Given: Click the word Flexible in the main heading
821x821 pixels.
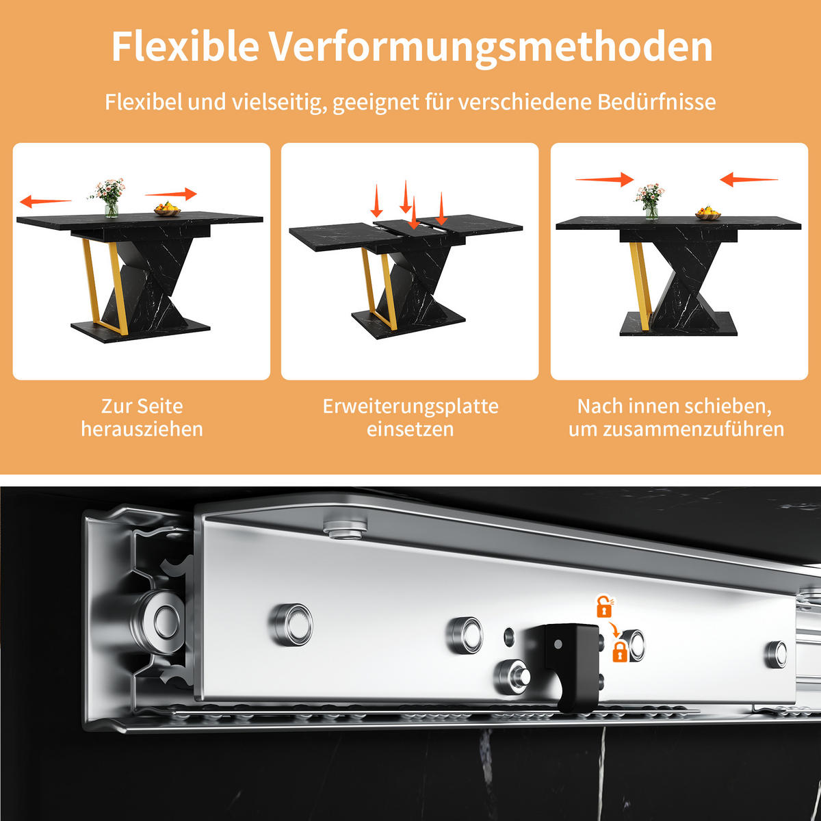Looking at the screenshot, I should (x=185, y=47).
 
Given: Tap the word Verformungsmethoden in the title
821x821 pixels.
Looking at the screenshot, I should (x=490, y=47).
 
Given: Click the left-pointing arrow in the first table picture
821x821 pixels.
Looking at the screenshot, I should (x=45, y=201).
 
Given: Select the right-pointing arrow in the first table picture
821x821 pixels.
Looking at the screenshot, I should (x=171, y=194).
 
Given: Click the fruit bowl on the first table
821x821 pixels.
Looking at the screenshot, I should (x=167, y=209).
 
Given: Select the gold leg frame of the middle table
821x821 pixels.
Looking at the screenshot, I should (x=378, y=287).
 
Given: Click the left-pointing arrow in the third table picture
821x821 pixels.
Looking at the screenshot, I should (x=748, y=181).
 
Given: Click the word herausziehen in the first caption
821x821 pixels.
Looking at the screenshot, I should (x=142, y=429).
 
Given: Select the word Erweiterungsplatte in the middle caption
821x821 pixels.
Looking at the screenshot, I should (x=410, y=406).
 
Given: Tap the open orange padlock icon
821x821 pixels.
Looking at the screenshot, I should (x=603, y=607).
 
